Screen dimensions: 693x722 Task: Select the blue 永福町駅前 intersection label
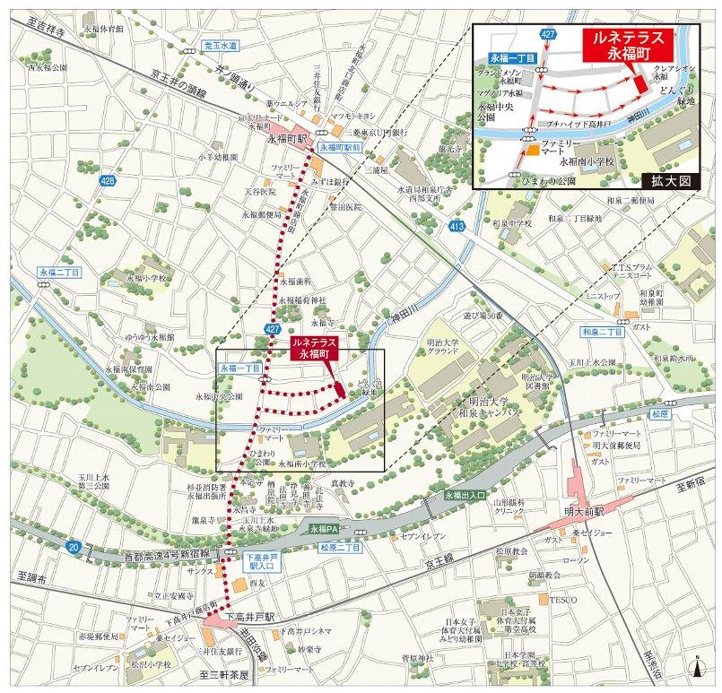[x=338, y=145]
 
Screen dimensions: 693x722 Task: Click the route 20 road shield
[x=72, y=545]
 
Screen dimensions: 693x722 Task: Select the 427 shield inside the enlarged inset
[x=546, y=33]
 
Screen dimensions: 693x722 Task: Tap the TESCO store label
[x=562, y=599]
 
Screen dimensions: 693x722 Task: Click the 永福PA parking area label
[x=320, y=530]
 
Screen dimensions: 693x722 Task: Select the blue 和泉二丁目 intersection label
[x=597, y=332]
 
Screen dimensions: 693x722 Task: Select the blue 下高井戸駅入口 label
[x=256, y=562]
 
